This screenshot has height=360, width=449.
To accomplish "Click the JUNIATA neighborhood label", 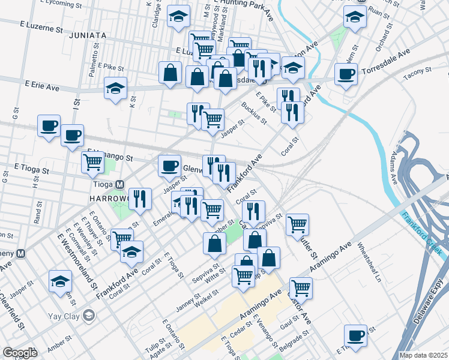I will coord(87,35).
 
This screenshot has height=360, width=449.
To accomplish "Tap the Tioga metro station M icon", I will coord(120,184).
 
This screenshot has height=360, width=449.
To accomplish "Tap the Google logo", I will coord(20,353).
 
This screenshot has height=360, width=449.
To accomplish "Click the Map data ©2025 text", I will coord(423,355).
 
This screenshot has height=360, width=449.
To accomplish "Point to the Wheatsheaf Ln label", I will coord(370,262).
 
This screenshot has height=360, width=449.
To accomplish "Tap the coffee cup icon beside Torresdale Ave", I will coord(346,75).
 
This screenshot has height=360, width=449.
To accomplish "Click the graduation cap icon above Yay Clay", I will coord(60,281).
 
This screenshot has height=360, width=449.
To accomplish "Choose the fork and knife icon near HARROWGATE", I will coord(140,199).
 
